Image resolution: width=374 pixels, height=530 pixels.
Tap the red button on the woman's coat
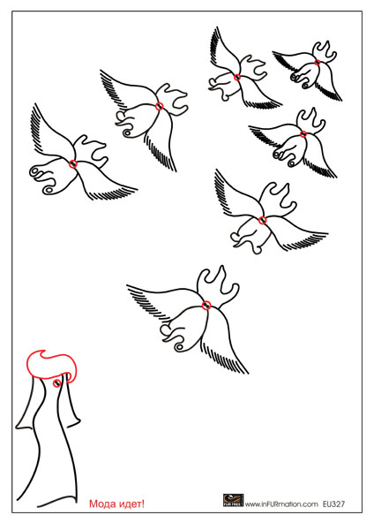(57, 383)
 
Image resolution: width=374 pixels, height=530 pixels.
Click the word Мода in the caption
(101, 504)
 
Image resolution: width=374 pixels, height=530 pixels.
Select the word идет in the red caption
(129, 504)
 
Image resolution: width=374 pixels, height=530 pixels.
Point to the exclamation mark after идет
(143, 503)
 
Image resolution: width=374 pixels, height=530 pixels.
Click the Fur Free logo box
(233, 500)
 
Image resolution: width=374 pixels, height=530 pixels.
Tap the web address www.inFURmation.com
(281, 504)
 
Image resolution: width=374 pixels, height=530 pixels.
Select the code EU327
(333, 504)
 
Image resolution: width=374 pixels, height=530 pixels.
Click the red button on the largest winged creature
(206, 306)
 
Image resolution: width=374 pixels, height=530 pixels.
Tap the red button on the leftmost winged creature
(73, 164)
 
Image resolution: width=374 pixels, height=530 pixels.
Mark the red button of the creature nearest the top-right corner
(318, 62)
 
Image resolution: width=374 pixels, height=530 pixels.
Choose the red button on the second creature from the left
(160, 106)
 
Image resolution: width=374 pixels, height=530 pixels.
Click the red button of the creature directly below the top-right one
(303, 134)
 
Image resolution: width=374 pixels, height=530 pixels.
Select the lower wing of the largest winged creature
(224, 341)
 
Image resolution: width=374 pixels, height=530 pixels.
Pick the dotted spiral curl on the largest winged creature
(179, 347)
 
